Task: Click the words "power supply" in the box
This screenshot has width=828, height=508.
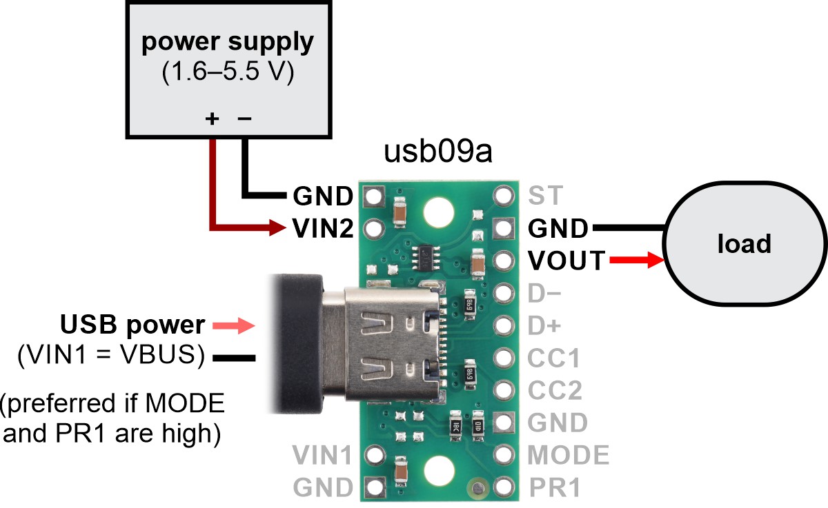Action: click(228, 43)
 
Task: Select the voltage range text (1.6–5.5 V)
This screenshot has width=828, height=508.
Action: click(228, 73)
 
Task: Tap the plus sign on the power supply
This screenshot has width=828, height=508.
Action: click(213, 119)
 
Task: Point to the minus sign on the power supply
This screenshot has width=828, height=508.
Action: click(244, 119)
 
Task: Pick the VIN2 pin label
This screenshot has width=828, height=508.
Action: click(323, 227)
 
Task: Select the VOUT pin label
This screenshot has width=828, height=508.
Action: click(566, 261)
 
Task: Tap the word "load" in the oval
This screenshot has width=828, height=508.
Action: click(744, 243)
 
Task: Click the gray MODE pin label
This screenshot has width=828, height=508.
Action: click(569, 455)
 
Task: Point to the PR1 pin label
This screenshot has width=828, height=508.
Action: click(555, 488)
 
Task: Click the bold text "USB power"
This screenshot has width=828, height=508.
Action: click(132, 325)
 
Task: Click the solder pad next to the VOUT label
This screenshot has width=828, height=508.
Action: click(505, 261)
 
